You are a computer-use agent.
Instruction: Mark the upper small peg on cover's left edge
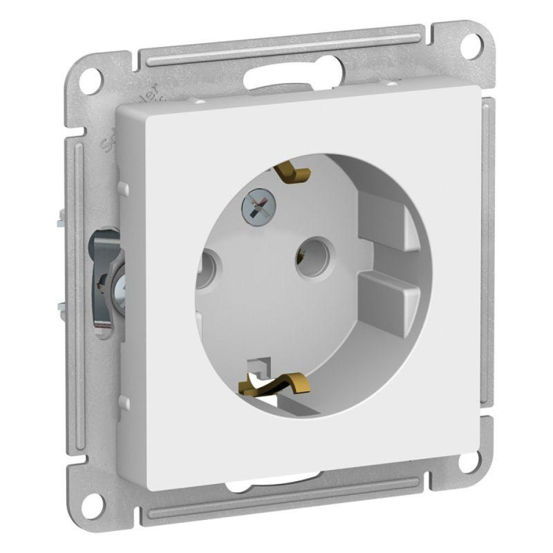tap(123, 188)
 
